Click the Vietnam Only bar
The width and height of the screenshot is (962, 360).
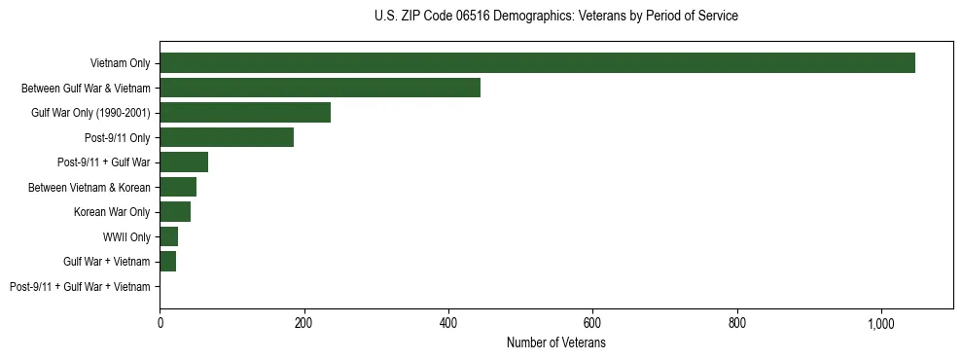tap(537, 63)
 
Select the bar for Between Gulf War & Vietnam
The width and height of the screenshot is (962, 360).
tap(320, 88)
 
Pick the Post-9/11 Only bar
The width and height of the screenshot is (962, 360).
tap(227, 137)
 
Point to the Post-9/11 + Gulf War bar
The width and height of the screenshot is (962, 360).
tap(184, 162)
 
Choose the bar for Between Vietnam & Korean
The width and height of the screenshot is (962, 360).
tap(178, 187)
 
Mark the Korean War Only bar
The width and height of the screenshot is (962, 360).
tap(175, 212)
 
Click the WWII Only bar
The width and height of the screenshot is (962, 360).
tap(169, 236)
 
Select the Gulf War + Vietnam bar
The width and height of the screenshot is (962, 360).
tap(168, 262)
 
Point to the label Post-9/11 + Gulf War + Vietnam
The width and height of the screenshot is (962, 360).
tap(80, 287)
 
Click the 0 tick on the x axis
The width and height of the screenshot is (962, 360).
tap(160, 323)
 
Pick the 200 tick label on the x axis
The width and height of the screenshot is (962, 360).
tap(303, 323)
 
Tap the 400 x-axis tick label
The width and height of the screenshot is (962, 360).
tap(448, 323)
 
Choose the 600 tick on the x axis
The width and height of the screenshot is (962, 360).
tap(592, 323)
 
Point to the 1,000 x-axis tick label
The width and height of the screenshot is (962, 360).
tap(881, 323)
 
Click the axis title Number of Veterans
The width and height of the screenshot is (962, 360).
tap(555, 342)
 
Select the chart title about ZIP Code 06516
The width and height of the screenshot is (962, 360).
tap(555, 17)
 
